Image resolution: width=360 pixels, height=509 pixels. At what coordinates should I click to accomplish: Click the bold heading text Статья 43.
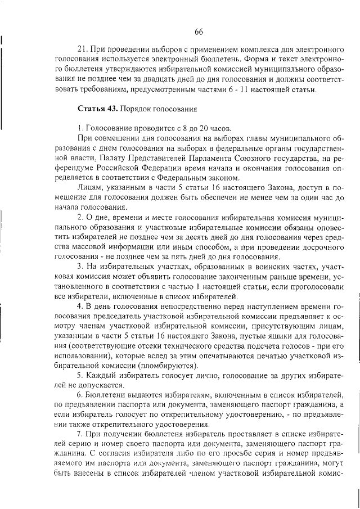pyautogui.click(x=94, y=107)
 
